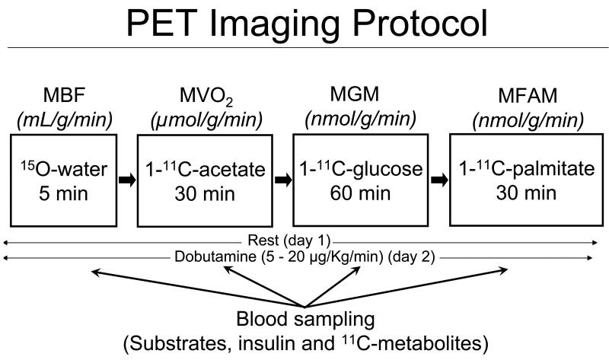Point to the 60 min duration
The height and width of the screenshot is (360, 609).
point(358,193)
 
